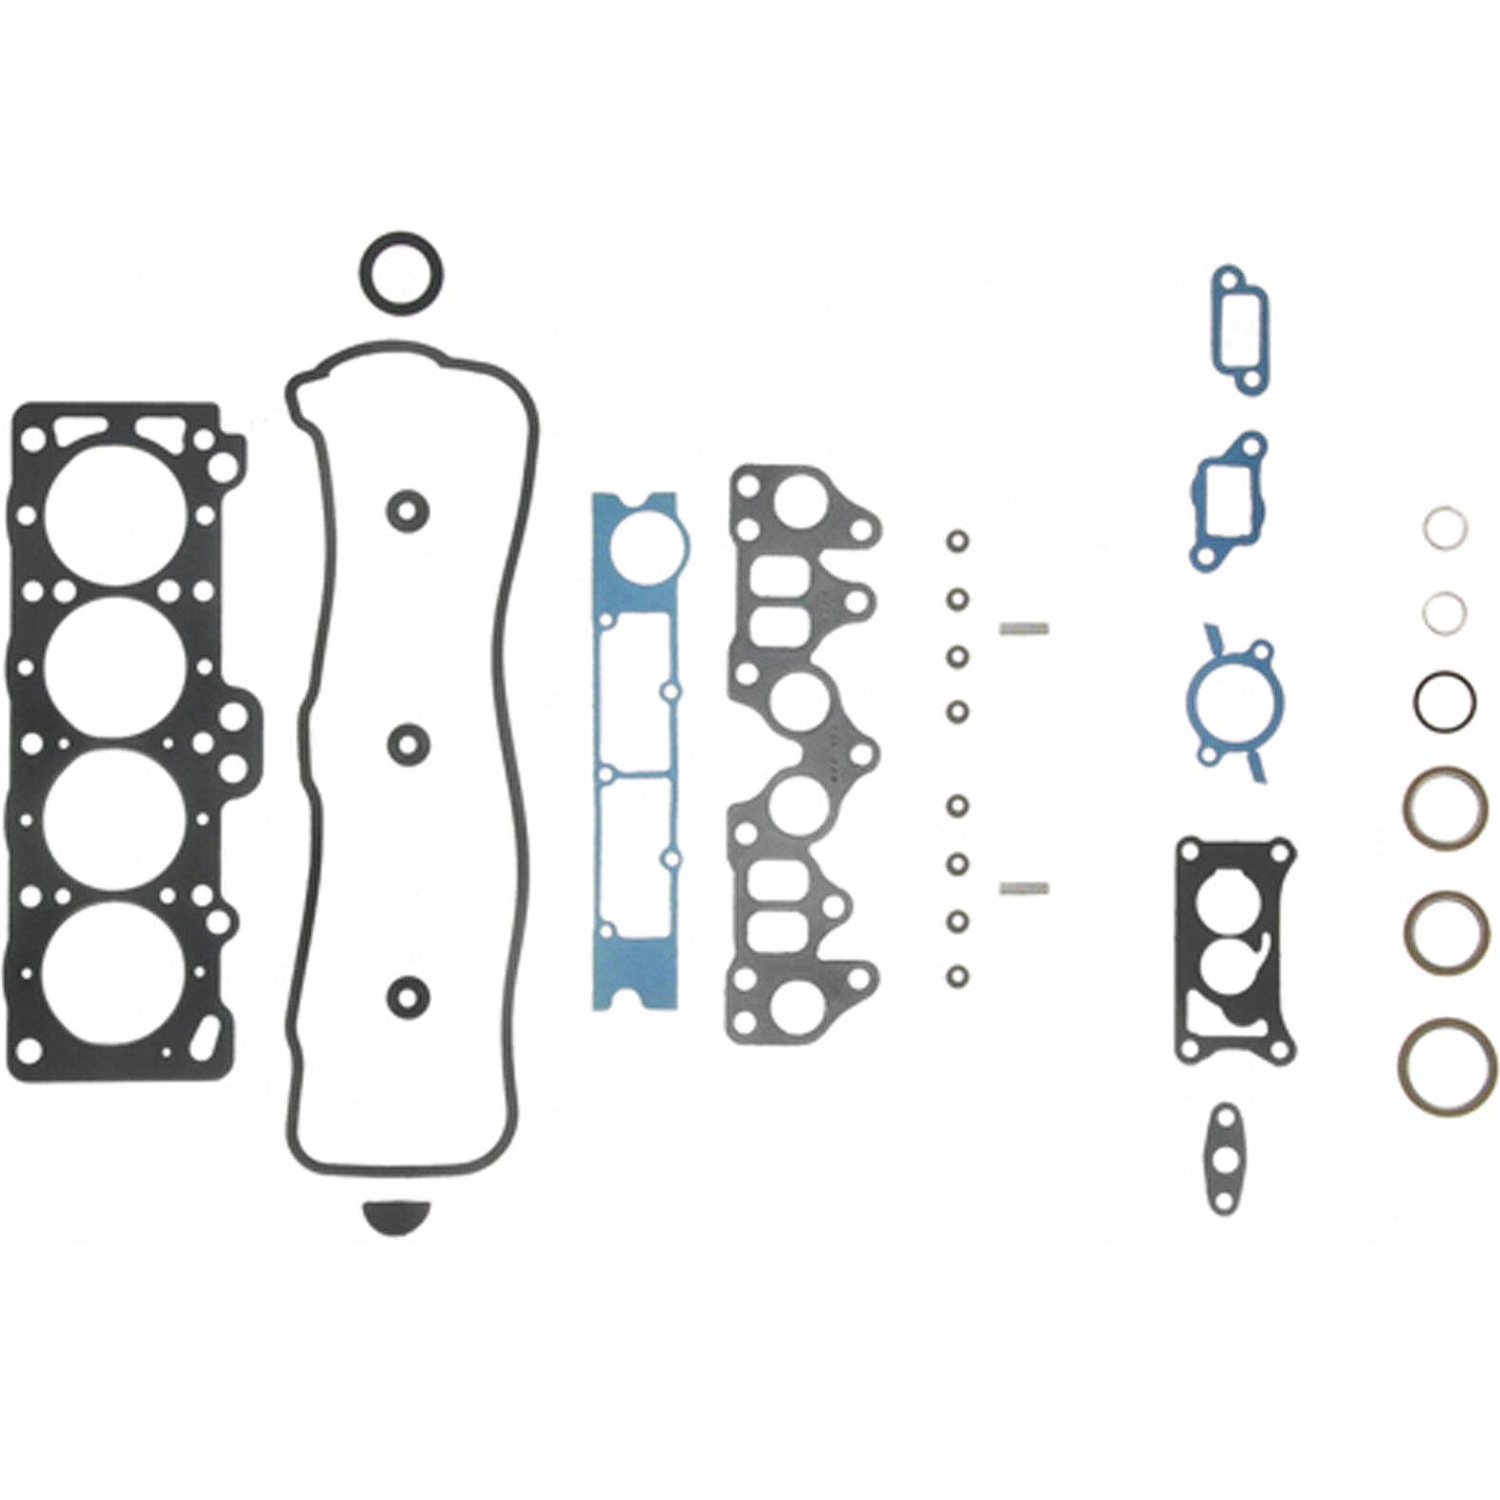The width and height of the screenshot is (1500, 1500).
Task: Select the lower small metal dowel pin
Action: click(x=1024, y=887)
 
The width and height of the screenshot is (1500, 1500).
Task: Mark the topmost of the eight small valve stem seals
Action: click(x=957, y=542)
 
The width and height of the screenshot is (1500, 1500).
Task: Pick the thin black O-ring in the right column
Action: click(x=1444, y=700)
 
